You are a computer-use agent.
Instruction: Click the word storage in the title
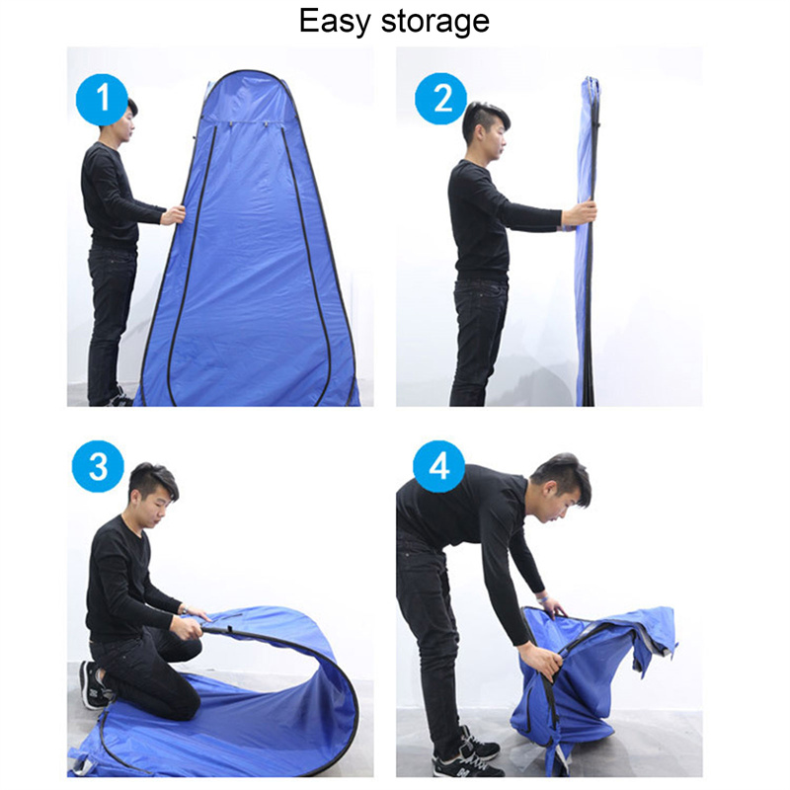coord(435,24)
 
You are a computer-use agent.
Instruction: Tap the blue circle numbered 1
coord(102,100)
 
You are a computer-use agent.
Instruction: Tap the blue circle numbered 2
coord(441,99)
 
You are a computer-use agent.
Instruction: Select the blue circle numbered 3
coord(98,466)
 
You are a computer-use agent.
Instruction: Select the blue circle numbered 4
coord(438,466)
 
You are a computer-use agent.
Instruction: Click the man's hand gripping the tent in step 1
coord(174,215)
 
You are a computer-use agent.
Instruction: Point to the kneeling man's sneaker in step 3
coord(93,685)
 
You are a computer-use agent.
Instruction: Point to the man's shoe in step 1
coord(120,397)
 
